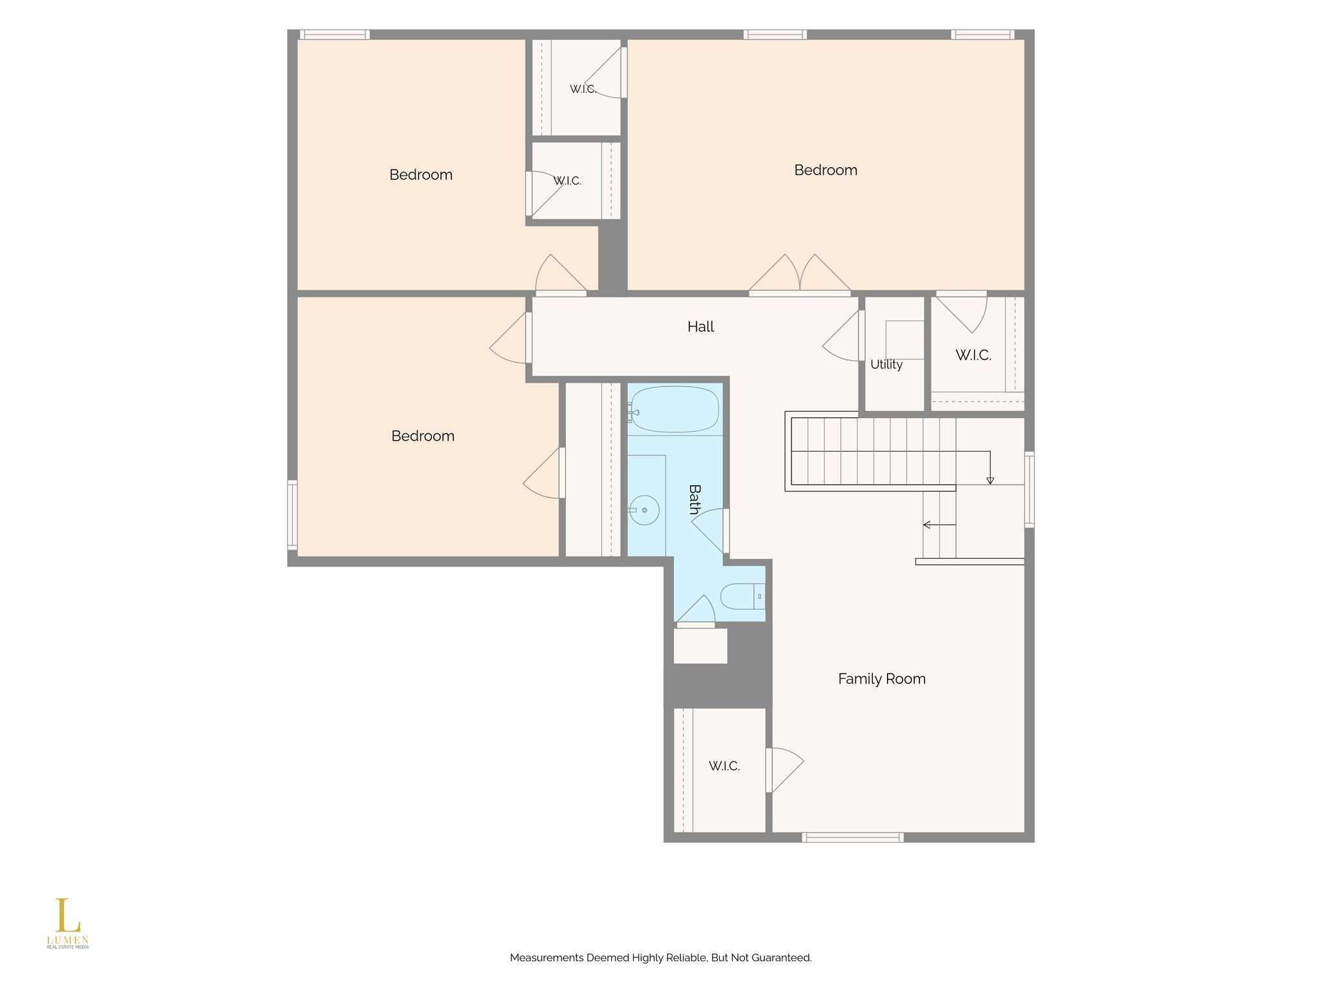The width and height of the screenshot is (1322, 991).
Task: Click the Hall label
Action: tap(700, 327)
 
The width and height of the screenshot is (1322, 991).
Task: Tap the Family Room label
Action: tap(882, 679)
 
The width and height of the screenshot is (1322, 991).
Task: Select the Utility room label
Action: tap(886, 365)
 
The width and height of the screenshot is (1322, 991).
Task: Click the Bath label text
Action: tap(695, 500)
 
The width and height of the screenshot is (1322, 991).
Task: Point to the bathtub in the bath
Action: tap(675, 410)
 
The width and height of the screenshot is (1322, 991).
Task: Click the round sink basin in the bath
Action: tap(644, 510)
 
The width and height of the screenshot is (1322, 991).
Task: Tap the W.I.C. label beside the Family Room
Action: tap(724, 766)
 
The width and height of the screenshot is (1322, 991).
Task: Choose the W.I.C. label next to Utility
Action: tap(973, 355)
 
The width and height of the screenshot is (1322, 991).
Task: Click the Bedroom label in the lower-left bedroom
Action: tap(423, 436)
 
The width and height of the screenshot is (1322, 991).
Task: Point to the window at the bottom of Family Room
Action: tap(853, 837)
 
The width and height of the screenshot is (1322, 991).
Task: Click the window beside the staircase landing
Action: tap(1030, 490)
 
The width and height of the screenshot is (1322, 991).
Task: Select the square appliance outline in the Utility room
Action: tap(905, 340)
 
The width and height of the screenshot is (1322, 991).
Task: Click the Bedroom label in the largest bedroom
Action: tap(826, 170)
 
